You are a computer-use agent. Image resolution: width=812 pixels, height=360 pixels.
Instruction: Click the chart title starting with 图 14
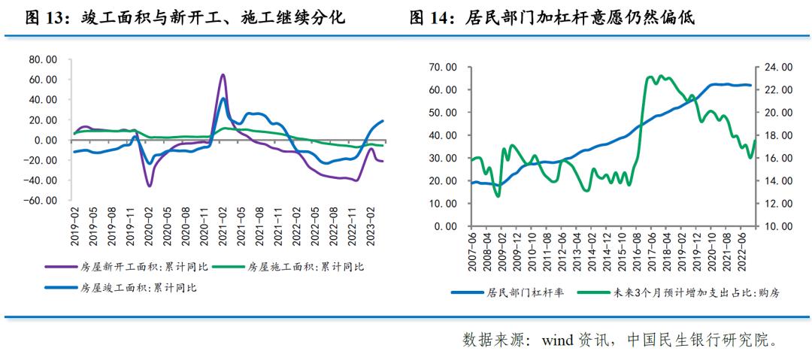coord(552,17)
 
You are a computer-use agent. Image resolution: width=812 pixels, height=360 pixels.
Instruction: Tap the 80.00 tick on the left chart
coord(42,59)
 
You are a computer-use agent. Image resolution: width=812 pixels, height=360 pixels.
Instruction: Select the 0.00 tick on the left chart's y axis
coord(46,140)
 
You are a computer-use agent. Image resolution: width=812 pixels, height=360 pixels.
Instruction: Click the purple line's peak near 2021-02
coord(223,75)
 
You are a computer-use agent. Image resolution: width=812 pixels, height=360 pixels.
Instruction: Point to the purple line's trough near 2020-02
coord(149,186)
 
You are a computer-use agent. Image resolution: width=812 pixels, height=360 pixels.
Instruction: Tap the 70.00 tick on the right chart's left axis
coord(442,67)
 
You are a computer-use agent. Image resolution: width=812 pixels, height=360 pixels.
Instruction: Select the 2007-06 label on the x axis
coord(473,252)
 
